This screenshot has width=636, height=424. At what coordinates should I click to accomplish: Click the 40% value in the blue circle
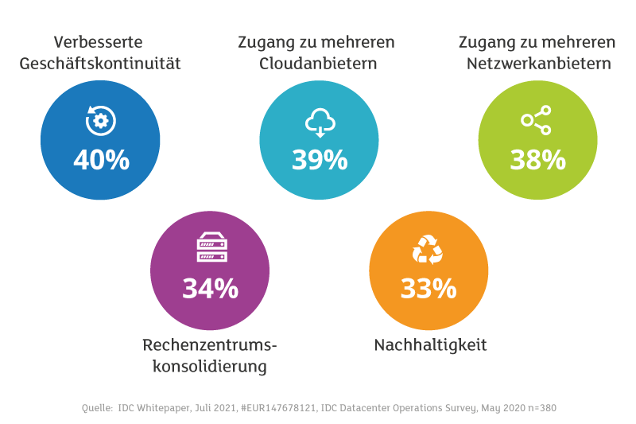102,159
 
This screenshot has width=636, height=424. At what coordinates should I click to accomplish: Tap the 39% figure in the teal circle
320,159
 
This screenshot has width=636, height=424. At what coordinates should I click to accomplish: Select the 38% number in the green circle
538,159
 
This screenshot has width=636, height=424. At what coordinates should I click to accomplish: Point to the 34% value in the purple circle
210,289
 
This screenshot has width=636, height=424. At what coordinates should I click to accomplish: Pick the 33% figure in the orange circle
429,289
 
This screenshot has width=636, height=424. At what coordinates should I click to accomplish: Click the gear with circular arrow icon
101,120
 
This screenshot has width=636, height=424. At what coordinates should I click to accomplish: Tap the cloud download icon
320,123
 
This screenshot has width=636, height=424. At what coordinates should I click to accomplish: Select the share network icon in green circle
536,120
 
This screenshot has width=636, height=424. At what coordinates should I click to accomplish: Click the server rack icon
212,247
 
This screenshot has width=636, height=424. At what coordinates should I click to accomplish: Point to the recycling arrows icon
428,250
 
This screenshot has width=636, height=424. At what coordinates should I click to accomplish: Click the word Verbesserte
98,42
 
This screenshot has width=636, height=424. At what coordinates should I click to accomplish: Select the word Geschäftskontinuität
100,64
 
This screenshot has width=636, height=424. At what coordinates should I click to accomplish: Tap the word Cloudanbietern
318,64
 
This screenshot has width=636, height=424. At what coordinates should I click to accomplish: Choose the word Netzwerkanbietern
539,64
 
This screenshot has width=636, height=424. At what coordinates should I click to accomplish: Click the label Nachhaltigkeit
430,345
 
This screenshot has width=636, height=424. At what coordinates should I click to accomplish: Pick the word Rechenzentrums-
210,345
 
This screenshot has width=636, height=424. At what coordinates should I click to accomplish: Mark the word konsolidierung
210,367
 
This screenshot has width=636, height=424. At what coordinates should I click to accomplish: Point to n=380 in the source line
542,408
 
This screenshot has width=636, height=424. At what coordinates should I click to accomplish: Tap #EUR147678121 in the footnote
278,408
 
